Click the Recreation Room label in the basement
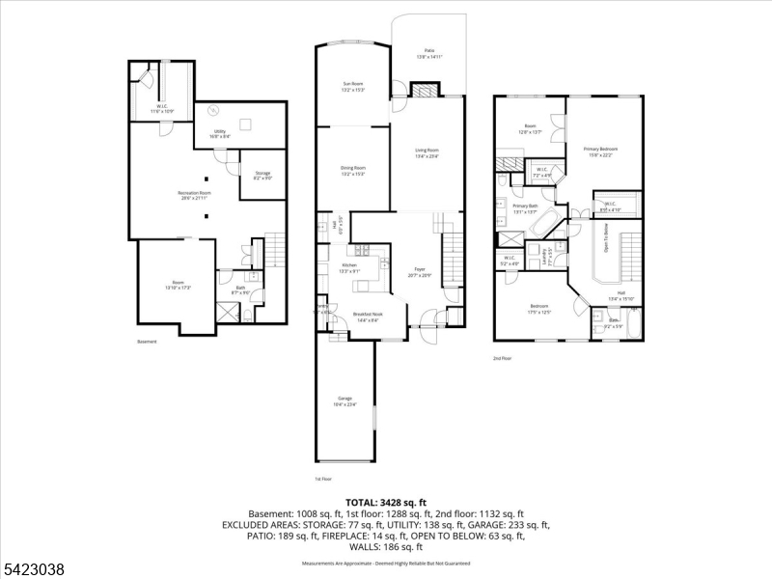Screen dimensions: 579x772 pos(194,194)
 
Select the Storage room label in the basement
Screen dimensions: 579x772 pos(262,175)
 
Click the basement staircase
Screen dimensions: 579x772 pos(277,252)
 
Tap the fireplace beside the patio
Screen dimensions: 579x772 pos(425,91)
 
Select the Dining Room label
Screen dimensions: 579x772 pos(353,170)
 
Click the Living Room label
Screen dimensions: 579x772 pos(427,152)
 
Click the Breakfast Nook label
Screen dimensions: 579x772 pos(368,316)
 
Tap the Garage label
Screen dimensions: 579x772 pos(345,400)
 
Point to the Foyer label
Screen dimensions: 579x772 pos(420,272)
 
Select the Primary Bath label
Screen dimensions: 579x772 pos(525,207)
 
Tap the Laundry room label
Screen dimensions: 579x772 pos(544,256)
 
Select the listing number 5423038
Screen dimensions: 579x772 pos(34,569)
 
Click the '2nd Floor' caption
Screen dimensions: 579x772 pos(502,358)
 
